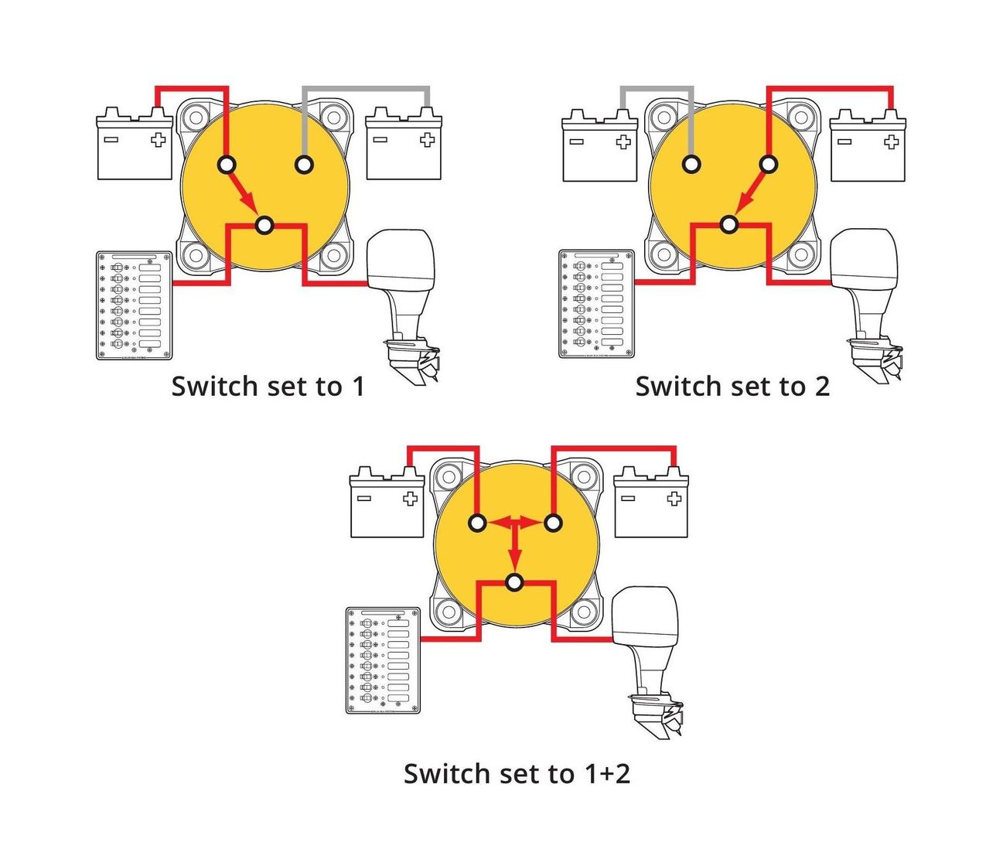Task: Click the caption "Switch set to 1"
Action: [x=268, y=386]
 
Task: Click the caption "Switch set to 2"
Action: [x=732, y=386]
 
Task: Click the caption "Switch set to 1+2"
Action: [x=517, y=773]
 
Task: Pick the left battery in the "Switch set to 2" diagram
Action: [x=599, y=148]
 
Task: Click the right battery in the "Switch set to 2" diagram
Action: [x=868, y=148]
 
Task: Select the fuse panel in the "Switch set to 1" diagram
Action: [x=135, y=305]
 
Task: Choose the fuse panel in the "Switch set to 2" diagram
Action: [x=596, y=304]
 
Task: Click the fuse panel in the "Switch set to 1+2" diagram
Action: [x=384, y=660]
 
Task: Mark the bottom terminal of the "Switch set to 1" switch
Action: [x=264, y=225]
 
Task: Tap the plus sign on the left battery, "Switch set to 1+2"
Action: [x=410, y=499]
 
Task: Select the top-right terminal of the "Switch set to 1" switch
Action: [x=305, y=165]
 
